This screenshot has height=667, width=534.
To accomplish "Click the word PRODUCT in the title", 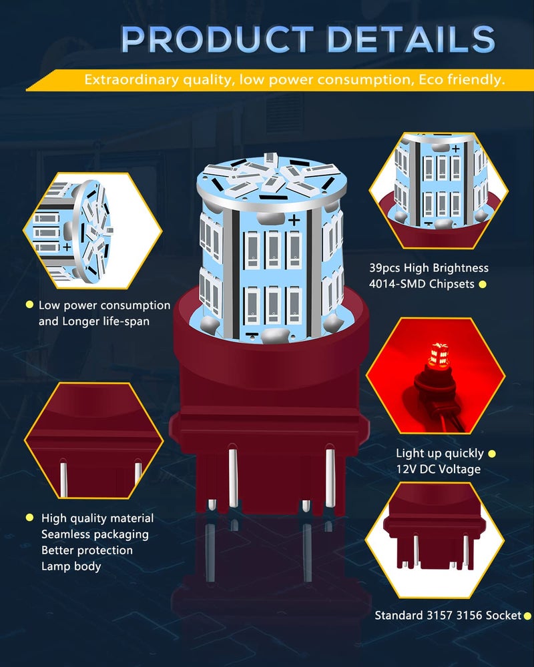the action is (x=217, y=39).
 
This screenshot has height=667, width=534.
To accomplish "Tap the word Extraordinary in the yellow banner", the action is (x=131, y=79).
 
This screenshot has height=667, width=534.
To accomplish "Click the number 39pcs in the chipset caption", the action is (x=384, y=268).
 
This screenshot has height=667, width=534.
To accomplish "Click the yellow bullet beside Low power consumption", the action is (x=29, y=305).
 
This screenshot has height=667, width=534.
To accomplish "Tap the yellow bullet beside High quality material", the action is (x=29, y=518).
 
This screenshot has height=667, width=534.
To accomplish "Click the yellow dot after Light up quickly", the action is (x=492, y=454).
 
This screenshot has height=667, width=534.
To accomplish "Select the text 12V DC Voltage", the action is (x=438, y=469).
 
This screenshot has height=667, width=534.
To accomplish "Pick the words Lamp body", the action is (x=71, y=566).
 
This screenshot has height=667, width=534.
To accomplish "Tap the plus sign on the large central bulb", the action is (x=294, y=220).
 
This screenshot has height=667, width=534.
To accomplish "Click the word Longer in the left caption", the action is (x=81, y=321).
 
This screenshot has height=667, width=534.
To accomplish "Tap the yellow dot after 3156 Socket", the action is (x=527, y=616).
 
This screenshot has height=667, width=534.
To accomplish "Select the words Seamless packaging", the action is (x=95, y=534).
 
